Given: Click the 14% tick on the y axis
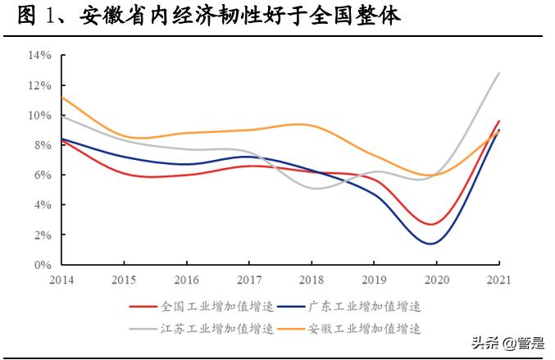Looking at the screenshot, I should pos(40,55).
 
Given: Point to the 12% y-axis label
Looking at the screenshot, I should pos(40,85).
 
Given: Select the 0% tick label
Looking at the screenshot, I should pos(43,265).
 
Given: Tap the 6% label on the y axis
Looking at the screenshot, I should pos(43,175).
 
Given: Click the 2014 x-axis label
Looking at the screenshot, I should pos(61,280).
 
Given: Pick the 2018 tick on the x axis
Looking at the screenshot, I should pos(312,280).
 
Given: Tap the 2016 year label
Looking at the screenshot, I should pos(186,280).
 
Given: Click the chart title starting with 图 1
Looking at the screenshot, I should pos(209,17).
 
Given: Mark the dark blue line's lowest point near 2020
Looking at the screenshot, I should pos(431,243).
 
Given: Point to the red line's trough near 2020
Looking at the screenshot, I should pos(433,224).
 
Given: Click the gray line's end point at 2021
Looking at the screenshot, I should pos(499,73).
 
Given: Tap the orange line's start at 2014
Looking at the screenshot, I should pos(62,98).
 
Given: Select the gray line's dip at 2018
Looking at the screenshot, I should pos(316,189).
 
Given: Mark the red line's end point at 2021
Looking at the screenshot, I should pos(499,121).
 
